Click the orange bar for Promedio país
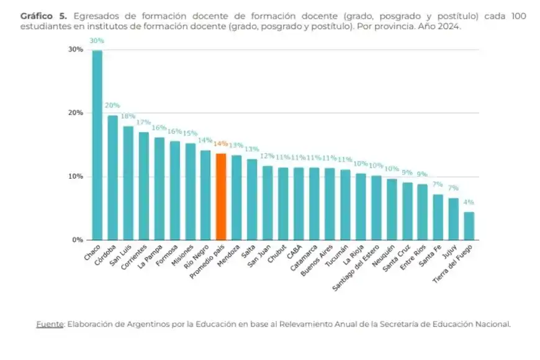pos(221,197)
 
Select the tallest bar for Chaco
pos(97,145)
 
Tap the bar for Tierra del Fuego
pos(469,226)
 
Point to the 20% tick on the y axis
pos(75,113)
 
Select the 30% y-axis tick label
pos(75,50)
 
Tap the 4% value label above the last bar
pos(469,202)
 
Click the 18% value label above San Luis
pos(128,116)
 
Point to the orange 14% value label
pos(221,143)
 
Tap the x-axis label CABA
pos(295,252)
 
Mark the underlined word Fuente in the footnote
pos(50,323)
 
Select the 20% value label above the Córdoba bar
pos(112,106)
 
